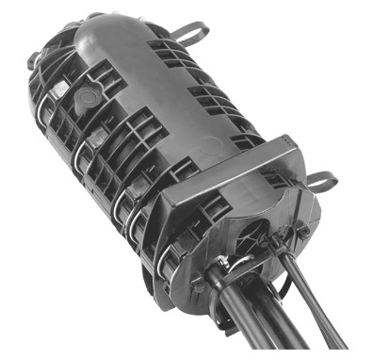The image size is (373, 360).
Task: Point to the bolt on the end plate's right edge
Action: click(303, 229)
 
